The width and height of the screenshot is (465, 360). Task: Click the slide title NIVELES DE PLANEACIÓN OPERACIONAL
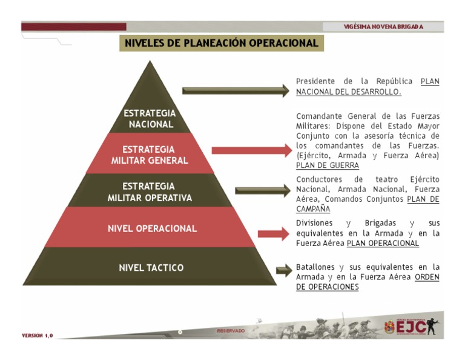[221, 43]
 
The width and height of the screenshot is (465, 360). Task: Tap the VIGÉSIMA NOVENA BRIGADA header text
[383, 27]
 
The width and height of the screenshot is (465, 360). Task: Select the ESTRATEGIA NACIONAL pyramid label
[150, 119]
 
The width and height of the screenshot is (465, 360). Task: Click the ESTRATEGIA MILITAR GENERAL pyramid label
[150, 155]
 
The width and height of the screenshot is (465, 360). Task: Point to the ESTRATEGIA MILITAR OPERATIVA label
[150, 192]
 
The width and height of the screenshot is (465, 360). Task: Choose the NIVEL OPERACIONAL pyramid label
[152, 229]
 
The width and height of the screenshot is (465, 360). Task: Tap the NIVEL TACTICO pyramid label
[151, 267]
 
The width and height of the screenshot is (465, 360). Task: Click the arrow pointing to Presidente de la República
[236, 91]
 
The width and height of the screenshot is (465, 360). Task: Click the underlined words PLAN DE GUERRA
[328, 165]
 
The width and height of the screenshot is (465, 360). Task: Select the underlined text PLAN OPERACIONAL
[383, 243]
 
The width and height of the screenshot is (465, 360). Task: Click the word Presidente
[315, 81]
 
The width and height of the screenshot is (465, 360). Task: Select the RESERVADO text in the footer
[231, 331]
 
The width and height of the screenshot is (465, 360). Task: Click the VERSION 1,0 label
[38, 335]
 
